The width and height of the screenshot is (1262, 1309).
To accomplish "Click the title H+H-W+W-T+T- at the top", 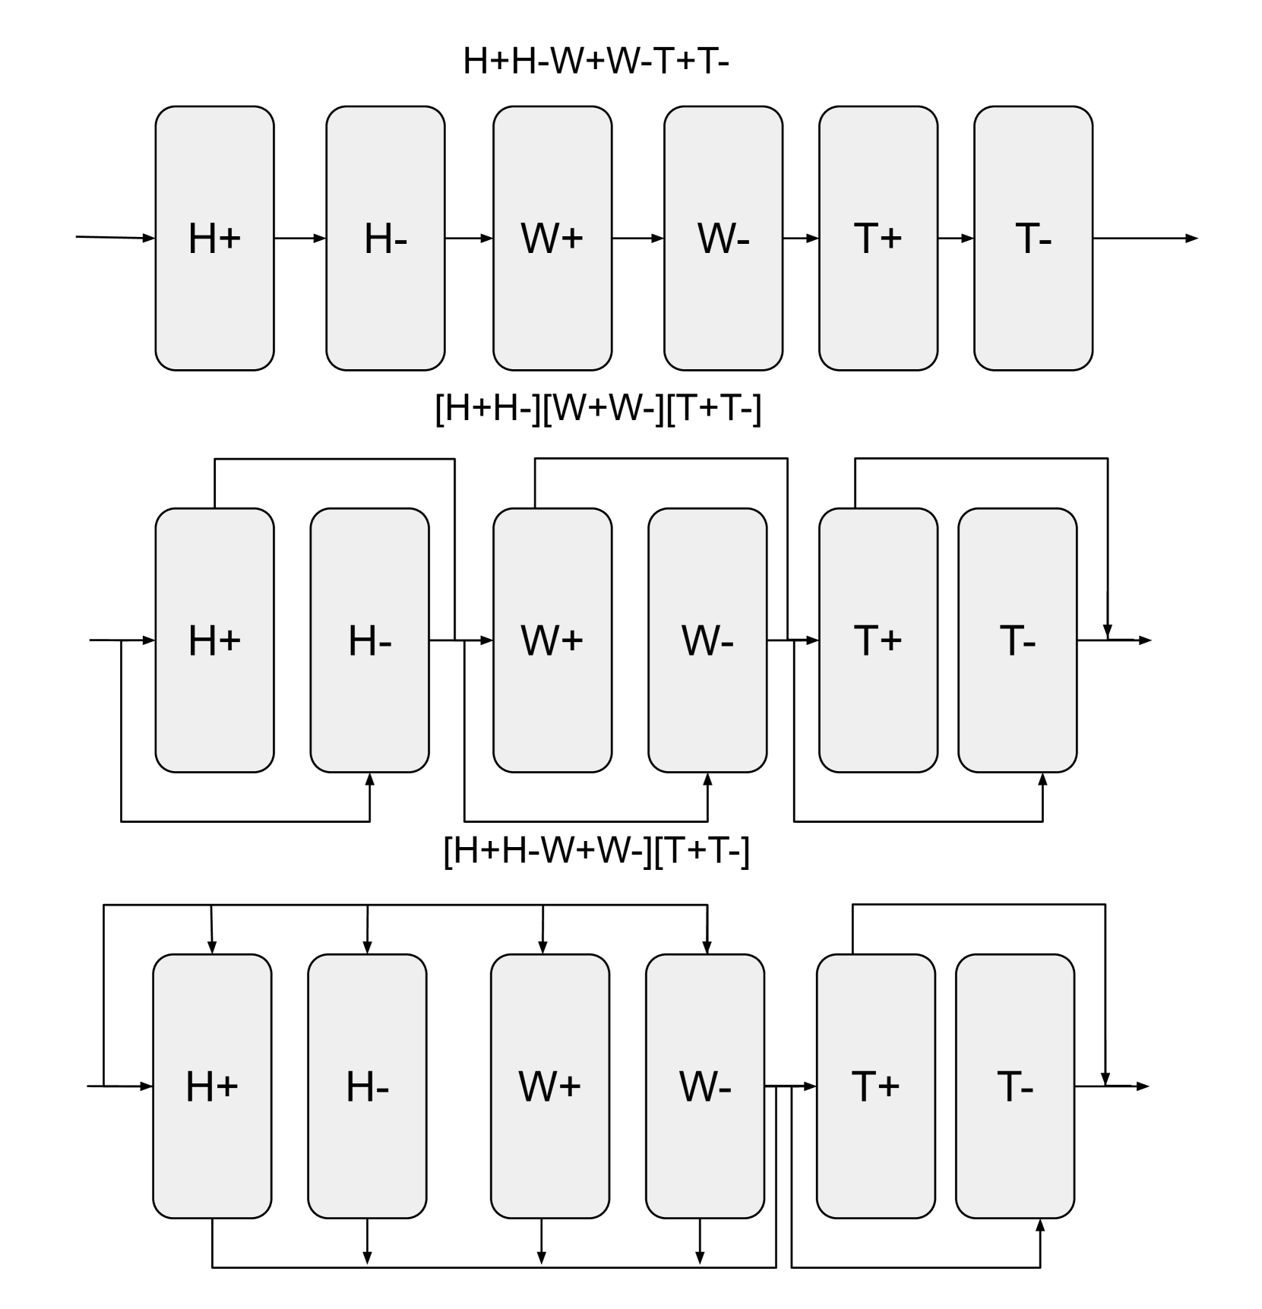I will (x=595, y=61).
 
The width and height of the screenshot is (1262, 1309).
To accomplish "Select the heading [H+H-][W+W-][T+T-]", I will (x=597, y=409).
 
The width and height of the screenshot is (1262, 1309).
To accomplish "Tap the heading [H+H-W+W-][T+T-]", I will (x=596, y=851).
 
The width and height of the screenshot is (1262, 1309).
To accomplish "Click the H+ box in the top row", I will (x=214, y=238).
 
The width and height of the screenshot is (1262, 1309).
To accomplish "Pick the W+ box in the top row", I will (x=552, y=238).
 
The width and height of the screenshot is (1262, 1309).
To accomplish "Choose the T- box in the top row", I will (x=1033, y=238).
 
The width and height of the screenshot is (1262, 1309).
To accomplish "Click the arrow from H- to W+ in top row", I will (x=469, y=238).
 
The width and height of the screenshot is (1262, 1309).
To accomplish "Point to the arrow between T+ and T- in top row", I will (x=955, y=238).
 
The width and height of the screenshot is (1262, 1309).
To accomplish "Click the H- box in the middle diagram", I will (x=369, y=640).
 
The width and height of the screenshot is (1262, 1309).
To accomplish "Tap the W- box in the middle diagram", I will (x=707, y=640).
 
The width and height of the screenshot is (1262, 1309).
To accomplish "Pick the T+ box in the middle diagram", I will (x=878, y=640).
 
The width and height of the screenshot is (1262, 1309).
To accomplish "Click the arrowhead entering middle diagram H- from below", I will (x=370, y=779).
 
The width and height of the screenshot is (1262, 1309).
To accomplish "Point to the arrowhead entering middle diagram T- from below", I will (x=1042, y=779).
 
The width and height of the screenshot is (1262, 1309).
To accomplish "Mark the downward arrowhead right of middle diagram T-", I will (x=1107, y=632).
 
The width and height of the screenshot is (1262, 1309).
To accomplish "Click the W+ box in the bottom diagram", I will (x=549, y=1086).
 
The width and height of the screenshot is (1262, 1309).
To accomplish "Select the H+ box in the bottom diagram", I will (x=212, y=1086).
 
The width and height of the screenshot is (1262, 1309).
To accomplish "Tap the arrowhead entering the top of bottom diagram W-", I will (x=707, y=947).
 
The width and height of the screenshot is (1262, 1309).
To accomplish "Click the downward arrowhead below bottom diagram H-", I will (x=367, y=1257).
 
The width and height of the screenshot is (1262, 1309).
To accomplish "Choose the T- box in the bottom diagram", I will (x=1014, y=1086).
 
